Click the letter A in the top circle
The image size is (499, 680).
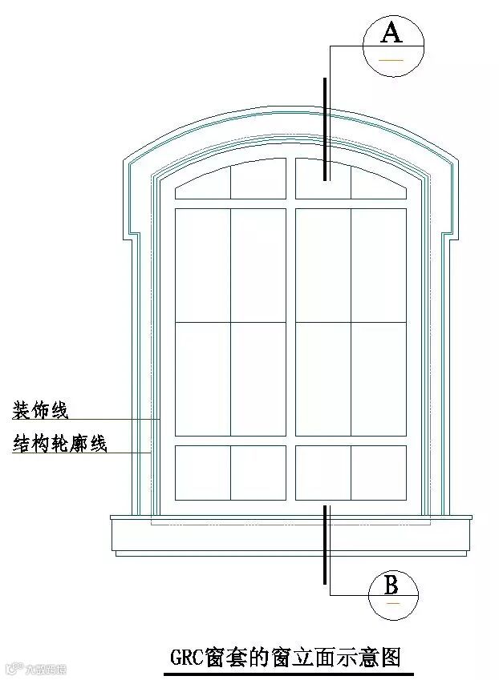(x=391, y=33)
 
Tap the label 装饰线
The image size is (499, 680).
(x=40, y=411)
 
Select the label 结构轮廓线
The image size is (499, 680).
(x=59, y=444)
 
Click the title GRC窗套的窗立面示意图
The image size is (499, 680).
(x=285, y=658)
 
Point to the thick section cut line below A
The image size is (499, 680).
(x=325, y=128)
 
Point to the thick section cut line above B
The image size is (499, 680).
(x=325, y=545)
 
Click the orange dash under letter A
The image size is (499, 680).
(x=391, y=59)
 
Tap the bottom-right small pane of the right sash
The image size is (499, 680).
(x=378, y=472)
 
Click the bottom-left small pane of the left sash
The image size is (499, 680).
(x=203, y=472)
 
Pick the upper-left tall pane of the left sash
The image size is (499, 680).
(x=203, y=264)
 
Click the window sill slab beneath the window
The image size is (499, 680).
(x=290, y=533)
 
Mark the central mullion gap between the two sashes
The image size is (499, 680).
(x=290, y=336)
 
